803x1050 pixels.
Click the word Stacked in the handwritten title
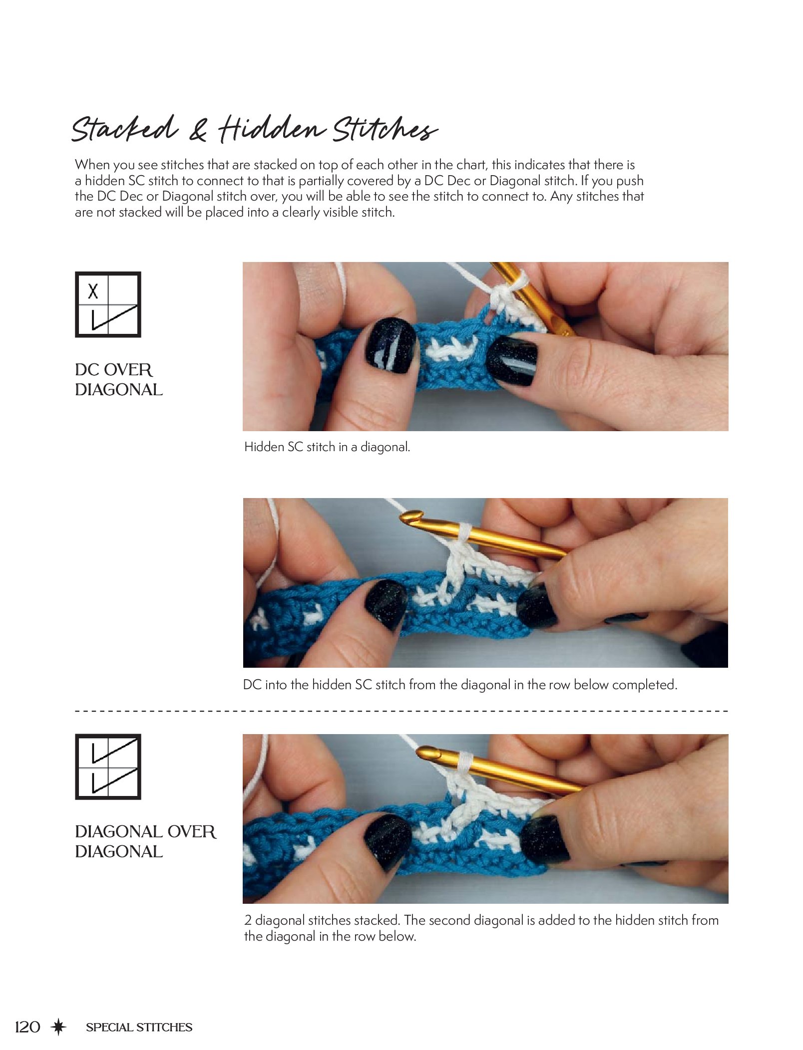(x=125, y=128)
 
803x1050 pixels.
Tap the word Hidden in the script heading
(x=272, y=128)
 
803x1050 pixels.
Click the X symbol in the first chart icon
(x=93, y=291)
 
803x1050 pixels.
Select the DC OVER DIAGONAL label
(x=119, y=380)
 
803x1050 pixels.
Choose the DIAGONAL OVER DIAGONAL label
(x=146, y=841)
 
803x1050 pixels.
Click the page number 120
(x=27, y=1027)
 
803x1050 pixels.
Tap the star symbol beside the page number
(x=59, y=1027)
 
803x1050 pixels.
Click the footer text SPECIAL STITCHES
(x=139, y=1027)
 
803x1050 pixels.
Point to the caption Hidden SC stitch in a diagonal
(x=327, y=447)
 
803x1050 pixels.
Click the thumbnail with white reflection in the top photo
(x=391, y=345)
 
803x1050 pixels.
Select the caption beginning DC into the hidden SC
(x=460, y=685)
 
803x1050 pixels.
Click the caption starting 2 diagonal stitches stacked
(x=481, y=928)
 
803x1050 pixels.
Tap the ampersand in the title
(x=198, y=131)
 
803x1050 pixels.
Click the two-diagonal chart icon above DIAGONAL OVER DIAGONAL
(x=108, y=767)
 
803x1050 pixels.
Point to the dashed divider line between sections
(x=401, y=711)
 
